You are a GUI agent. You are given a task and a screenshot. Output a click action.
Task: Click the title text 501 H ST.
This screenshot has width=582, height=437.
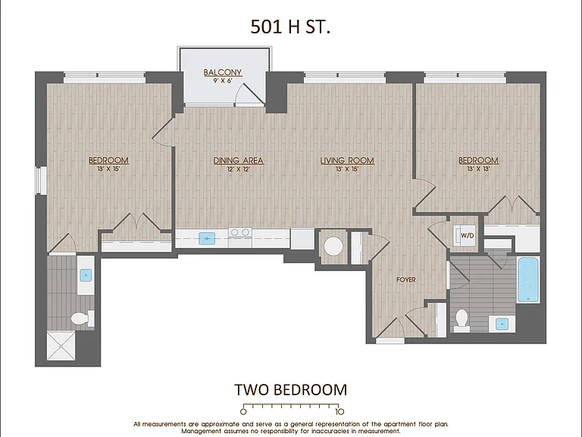[x=290, y=27]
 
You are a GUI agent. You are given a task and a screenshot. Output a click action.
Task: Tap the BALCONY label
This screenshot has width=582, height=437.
[x=223, y=73]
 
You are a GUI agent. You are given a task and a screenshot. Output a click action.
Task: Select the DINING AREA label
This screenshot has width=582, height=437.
[x=238, y=161]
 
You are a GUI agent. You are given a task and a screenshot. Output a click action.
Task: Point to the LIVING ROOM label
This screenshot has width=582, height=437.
[x=347, y=161]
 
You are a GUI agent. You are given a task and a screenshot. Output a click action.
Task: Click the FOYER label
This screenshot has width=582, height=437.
[x=405, y=280]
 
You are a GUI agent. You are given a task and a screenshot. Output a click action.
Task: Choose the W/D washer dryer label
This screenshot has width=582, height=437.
[x=468, y=236]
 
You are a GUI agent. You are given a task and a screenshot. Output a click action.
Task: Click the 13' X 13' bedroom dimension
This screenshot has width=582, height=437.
[x=478, y=169]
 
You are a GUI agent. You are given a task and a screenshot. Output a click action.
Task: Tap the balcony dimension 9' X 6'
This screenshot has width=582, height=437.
[x=223, y=80]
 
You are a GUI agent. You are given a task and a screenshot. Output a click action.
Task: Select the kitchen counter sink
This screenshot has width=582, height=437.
[x=207, y=238]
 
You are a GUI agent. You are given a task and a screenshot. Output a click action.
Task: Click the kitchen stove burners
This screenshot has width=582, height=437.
[x=240, y=234]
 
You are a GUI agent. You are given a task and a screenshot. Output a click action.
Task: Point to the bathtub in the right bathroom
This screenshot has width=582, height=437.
[x=528, y=280]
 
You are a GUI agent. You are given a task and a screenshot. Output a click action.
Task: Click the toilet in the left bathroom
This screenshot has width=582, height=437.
[x=83, y=319]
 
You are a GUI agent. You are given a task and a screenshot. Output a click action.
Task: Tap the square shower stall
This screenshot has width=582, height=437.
[x=61, y=346]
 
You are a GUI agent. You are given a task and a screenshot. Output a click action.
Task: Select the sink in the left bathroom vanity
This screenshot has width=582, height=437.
[x=86, y=275]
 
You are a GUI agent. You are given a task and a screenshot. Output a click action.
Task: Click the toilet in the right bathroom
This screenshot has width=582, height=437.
[x=462, y=320]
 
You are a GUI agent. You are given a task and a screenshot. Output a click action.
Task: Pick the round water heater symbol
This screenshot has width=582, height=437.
[x=333, y=246]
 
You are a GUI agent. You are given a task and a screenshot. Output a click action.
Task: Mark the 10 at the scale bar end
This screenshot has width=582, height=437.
[x=339, y=411]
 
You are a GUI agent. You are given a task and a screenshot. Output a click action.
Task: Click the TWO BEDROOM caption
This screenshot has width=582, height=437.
[x=291, y=390]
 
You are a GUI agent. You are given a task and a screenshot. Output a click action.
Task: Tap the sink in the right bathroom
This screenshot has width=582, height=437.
[x=502, y=324]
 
